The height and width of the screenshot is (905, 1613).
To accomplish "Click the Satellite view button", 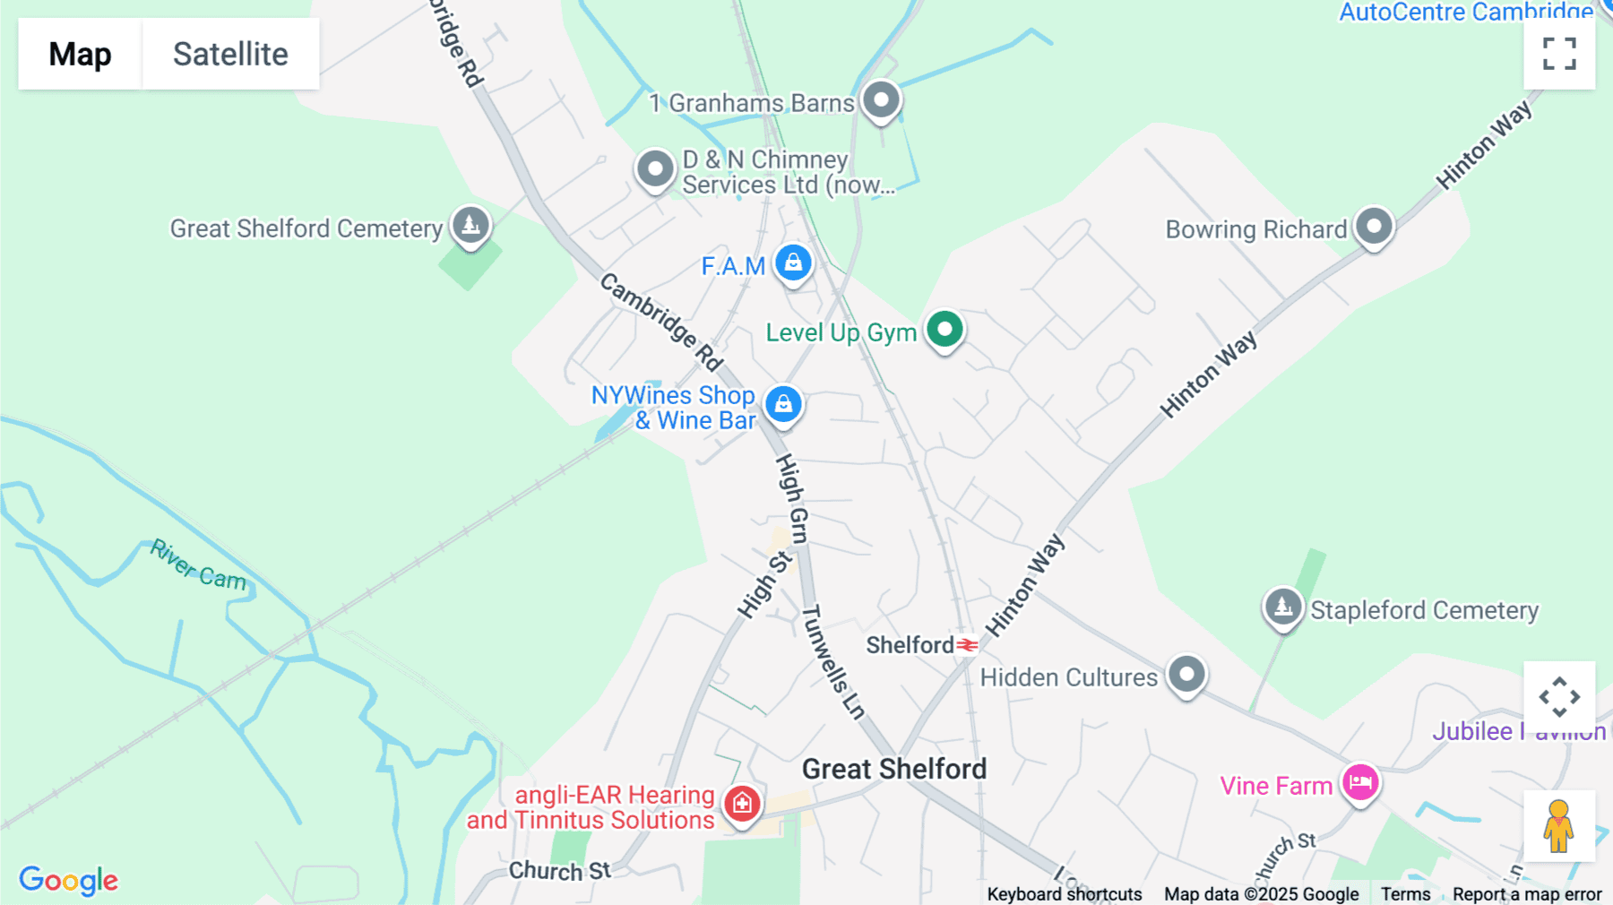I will point(230,54).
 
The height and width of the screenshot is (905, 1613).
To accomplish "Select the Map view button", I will point(80,54).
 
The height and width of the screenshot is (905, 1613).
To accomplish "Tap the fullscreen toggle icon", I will point(1559,54).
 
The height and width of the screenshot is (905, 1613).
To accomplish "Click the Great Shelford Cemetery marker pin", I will point(470,225).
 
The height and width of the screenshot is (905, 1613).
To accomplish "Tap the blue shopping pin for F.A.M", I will point(793,263).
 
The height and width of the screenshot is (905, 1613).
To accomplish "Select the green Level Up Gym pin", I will point(945,330).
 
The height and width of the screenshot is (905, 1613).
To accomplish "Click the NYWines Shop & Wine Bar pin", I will point(783,404).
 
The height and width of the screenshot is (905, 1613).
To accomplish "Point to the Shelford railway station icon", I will point(967,644).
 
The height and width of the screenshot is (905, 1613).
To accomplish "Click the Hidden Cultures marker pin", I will point(1187,673).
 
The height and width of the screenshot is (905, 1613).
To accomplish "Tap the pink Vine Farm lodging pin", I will point(1360,782).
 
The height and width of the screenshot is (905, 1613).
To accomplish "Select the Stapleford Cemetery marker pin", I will point(1283,608).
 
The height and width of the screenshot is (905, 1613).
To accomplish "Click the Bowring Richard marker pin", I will point(1374,226).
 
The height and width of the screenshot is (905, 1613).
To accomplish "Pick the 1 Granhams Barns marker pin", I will point(881,100).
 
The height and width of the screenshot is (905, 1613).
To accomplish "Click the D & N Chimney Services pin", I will point(655,168).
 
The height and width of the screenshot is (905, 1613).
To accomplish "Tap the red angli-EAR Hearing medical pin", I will point(742,804).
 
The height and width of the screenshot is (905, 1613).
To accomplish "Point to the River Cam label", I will point(198,565).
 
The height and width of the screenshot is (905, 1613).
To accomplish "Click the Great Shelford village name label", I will point(893,769).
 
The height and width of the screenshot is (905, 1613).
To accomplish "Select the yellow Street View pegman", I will point(1559,826).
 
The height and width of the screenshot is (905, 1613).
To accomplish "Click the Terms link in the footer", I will point(1405,894).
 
